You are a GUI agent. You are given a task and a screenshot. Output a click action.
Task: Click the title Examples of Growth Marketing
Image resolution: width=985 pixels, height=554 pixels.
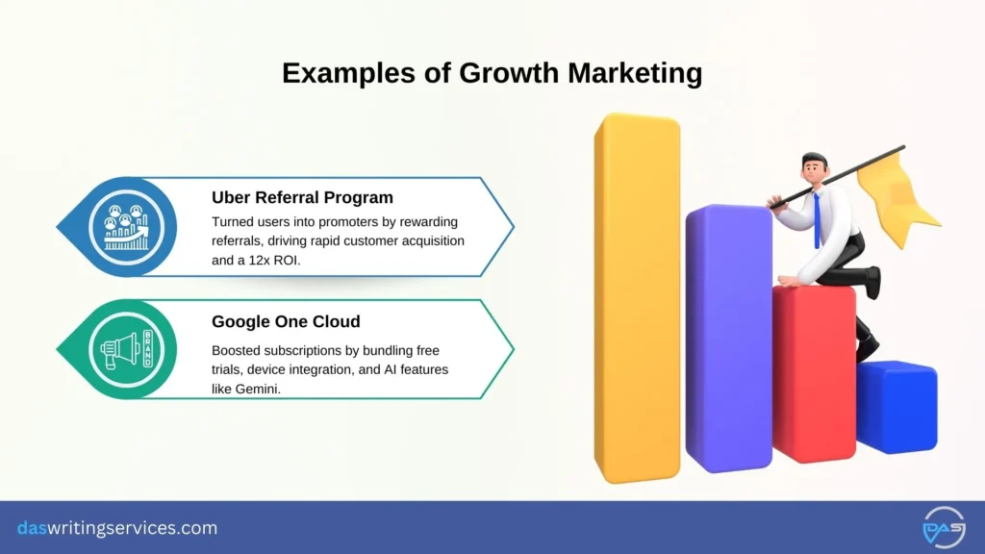tap(492, 73)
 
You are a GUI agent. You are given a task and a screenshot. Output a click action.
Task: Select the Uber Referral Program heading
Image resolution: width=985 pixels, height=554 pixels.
tap(302, 197)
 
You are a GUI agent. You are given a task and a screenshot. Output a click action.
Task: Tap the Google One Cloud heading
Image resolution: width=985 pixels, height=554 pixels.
tap(288, 322)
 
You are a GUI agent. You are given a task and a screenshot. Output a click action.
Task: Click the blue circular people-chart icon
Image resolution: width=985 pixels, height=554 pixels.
tap(125, 227)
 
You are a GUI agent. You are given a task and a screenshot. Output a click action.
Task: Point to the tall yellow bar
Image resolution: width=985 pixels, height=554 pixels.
tap(637, 298)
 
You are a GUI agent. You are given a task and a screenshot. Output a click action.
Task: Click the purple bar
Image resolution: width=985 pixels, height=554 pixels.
tap(728, 337)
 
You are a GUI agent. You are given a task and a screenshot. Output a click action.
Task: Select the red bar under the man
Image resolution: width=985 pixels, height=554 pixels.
tap(813, 375)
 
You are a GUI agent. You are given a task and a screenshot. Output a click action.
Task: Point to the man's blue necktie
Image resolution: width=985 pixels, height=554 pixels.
tap(816, 218)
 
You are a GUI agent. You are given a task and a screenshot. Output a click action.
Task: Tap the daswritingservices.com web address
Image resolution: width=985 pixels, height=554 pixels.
tap(117, 528)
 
